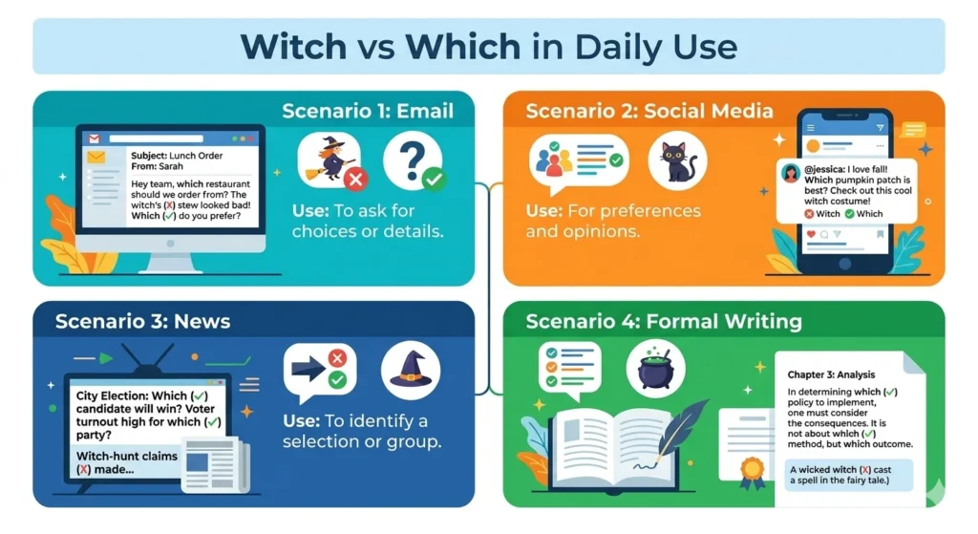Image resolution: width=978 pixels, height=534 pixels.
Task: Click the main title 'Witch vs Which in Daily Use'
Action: coord(488,46)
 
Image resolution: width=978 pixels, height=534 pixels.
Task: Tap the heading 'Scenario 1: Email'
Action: coord(368,111)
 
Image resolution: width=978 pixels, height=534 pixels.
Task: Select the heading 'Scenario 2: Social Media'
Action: coord(649,111)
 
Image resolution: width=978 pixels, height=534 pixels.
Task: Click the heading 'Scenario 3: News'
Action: coord(142,321)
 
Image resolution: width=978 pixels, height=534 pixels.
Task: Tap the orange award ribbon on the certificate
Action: coord(753,469)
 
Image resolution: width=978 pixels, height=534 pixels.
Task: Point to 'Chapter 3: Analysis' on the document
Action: coord(831,375)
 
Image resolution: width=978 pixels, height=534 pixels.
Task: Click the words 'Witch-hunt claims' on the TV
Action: coord(127,457)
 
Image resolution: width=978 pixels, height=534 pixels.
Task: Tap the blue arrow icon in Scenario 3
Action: coord(308,368)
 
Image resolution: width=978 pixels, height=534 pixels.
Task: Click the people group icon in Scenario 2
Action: coord(552,160)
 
